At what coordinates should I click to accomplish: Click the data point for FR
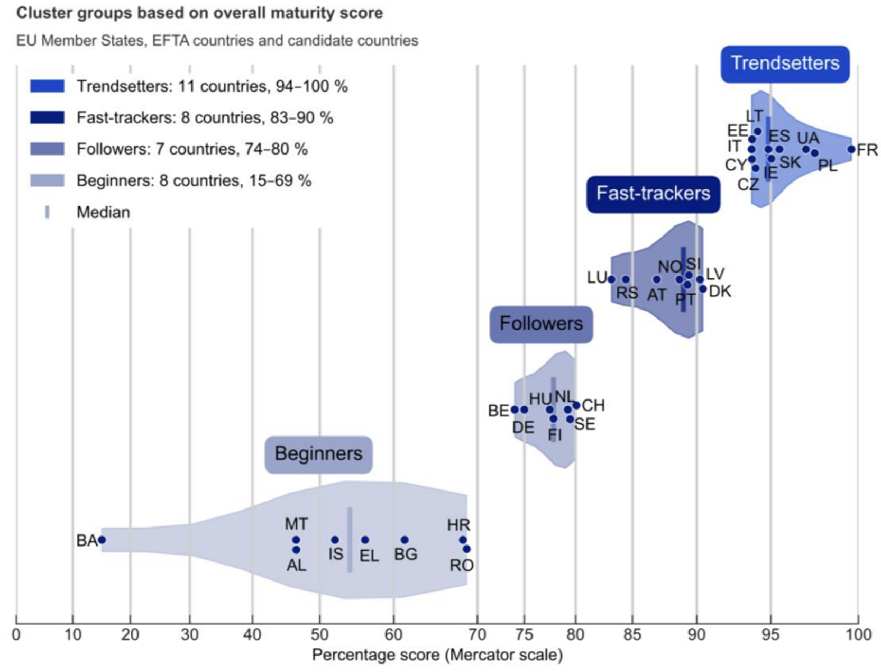tap(851, 149)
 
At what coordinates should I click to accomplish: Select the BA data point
tap(102, 540)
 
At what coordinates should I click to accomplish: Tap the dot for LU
tap(611, 279)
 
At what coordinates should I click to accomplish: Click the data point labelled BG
tap(405, 540)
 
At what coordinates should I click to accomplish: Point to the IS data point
tap(335, 540)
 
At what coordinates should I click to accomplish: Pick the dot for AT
tap(657, 279)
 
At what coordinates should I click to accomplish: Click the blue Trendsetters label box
tap(785, 63)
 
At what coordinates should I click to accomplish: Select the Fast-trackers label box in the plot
tap(653, 194)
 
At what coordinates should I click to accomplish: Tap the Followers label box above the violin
tap(541, 324)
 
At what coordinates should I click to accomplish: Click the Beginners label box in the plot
tap(318, 454)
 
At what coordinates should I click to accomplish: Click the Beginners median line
tap(350, 540)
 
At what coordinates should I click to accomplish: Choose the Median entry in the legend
tap(103, 212)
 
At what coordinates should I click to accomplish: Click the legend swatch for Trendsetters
tap(47, 86)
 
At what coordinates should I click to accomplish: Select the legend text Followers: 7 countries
tap(192, 149)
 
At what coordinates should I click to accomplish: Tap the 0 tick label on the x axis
tap(16, 634)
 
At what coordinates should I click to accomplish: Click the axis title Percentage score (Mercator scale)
tap(437, 655)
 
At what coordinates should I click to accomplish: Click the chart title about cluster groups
tap(199, 13)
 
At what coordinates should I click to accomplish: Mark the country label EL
tap(369, 556)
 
